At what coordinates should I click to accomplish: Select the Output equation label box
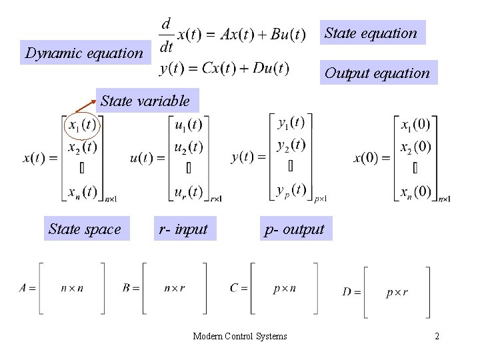pos(377,73)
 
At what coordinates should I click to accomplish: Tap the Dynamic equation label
pos(83,53)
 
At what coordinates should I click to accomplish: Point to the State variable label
pos(145,101)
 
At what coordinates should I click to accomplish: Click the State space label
pos(85,229)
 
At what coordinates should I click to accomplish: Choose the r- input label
pos(183,229)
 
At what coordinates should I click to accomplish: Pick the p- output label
pos(294,229)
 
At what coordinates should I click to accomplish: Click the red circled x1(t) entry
pos(82,125)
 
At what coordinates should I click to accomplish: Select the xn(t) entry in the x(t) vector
pos(83,192)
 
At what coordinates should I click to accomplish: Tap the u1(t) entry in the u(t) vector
pos(188,125)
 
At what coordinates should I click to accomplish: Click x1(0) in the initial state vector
pos(416,125)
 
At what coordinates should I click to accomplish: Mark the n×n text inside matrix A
pos(72,288)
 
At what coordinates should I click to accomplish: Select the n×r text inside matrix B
pos(175,288)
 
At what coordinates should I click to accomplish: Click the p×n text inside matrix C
pos(285,288)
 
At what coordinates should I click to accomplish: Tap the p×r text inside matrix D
pos(397,292)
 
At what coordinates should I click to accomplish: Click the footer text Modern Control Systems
pos(240,336)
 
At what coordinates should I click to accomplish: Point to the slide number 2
pos(437,336)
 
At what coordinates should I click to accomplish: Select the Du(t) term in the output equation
pos(272,68)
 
